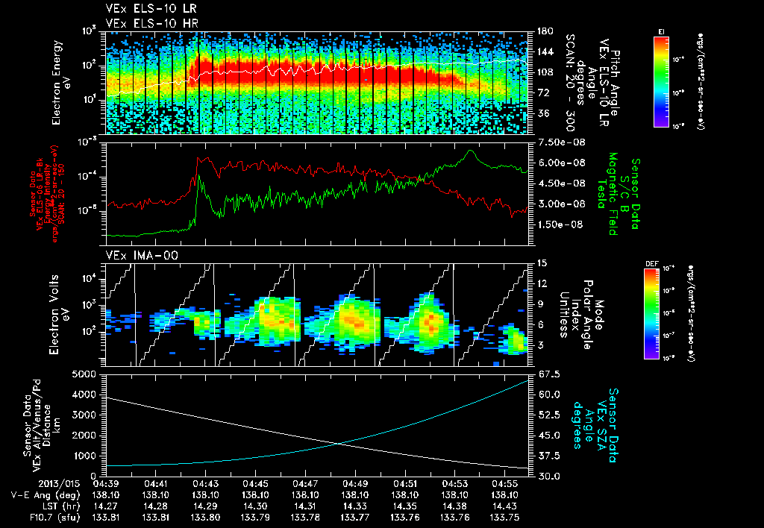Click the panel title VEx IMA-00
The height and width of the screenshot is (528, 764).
(133, 255)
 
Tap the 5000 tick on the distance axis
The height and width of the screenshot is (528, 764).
(87, 374)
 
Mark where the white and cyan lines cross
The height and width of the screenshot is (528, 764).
(340, 444)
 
